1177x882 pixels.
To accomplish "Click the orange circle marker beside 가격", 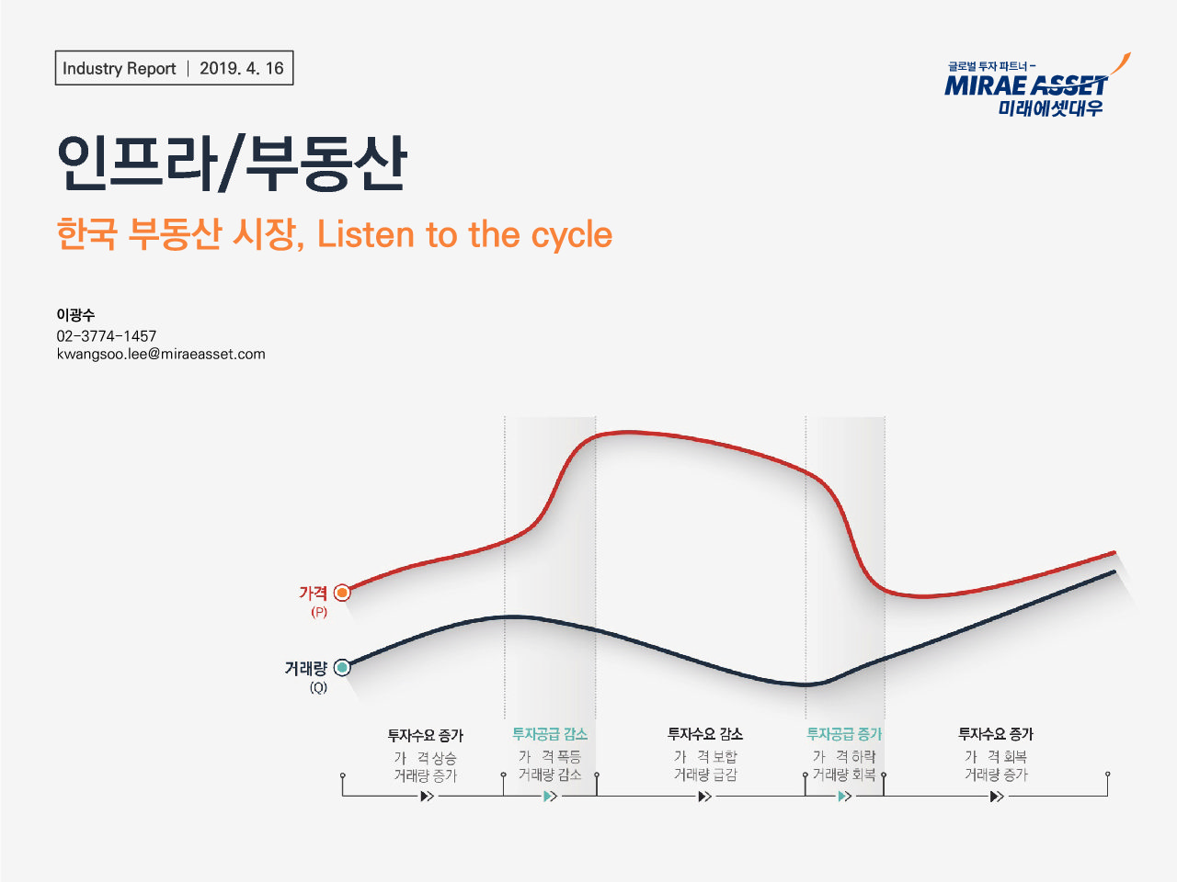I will tap(342, 593).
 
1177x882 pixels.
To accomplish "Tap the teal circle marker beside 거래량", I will tap(342, 668).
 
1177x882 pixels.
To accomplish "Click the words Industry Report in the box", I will tap(119, 68).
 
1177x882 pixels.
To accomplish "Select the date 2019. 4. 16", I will tap(242, 68).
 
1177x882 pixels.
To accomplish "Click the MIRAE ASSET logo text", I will tap(1026, 86).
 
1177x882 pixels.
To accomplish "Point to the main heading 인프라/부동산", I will tap(232, 164).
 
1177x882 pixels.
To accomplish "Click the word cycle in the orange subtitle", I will tap(572, 234).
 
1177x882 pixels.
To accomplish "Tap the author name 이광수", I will tap(75, 314).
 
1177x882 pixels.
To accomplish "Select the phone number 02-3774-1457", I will tap(107, 335).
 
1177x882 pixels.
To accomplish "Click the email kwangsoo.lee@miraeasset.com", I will tap(161, 354).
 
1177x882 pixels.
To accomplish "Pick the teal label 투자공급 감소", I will tap(550, 734).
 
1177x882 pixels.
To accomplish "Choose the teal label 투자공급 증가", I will tap(844, 734).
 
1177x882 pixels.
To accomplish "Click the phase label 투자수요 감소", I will tap(705, 734).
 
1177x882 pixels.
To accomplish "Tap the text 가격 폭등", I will tap(550, 756).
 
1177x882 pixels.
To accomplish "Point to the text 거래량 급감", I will tap(705, 775).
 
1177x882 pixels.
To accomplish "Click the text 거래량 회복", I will tap(844, 775).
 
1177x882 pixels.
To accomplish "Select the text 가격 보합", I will tap(705, 756).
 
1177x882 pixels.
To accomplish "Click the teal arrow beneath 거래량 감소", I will tap(550, 796).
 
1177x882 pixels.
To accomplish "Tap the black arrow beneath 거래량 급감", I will tap(704, 796).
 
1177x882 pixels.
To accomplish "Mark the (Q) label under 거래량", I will tap(318, 687).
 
